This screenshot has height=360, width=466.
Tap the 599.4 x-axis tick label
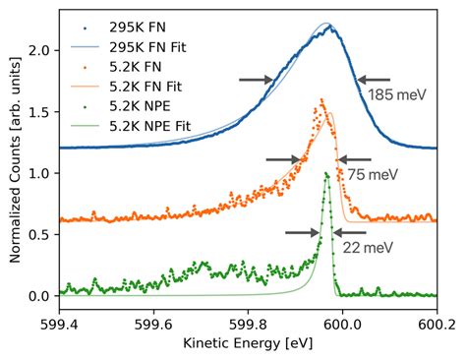pyautogui.click(x=60, y=321)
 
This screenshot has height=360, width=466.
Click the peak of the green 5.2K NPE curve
pyautogui.click(x=326, y=174)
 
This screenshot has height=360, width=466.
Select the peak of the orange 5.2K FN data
pyautogui.click(x=321, y=99)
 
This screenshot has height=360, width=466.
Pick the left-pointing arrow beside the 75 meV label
pyautogui.click(x=355, y=158)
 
